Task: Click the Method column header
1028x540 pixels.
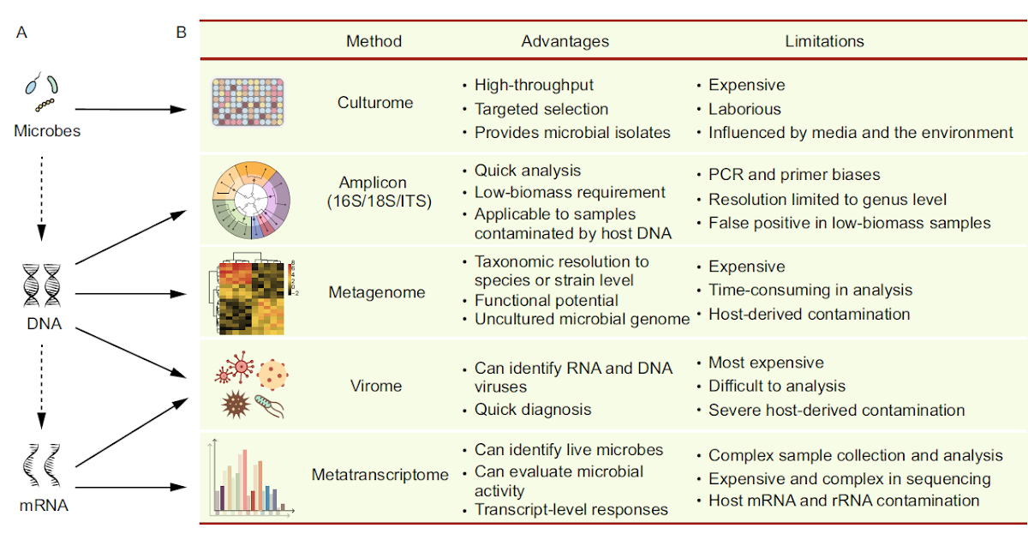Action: [x=374, y=41]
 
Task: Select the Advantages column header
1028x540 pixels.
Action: [x=565, y=41]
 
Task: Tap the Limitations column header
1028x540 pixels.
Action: [x=824, y=41]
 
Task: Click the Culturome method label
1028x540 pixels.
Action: [x=375, y=103]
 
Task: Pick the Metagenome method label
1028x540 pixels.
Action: [x=377, y=292]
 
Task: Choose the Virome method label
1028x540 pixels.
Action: [x=377, y=386]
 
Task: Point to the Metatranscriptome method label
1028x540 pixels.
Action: [x=380, y=475]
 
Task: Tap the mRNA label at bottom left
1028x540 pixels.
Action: [x=43, y=506]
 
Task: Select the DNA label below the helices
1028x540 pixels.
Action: [x=43, y=325]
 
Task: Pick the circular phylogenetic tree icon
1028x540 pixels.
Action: [x=251, y=200]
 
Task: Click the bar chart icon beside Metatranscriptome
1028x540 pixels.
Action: [x=250, y=478]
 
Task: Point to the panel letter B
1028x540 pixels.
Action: [x=181, y=33]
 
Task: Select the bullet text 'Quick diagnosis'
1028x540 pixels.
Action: [x=533, y=410]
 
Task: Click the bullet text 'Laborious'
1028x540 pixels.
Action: [x=744, y=109]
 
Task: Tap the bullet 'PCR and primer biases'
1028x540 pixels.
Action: [x=793, y=175]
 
